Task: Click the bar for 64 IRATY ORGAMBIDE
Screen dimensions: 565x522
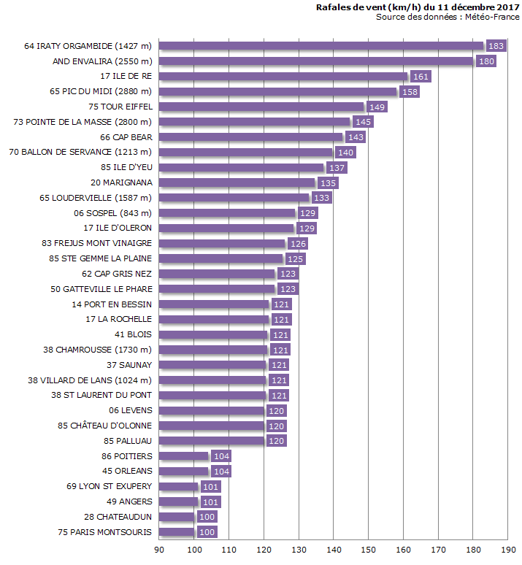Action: click(x=321, y=46)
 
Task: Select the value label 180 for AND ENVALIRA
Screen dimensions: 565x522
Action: click(x=485, y=61)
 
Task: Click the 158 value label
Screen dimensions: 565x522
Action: click(x=410, y=92)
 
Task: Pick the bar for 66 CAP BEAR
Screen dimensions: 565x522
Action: click(x=251, y=137)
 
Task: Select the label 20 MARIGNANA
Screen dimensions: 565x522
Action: click(x=122, y=182)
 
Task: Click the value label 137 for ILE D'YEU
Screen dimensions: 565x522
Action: click(x=337, y=168)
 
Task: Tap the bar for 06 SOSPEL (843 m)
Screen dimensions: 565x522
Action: click(x=227, y=213)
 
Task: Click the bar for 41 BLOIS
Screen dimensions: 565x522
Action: click(x=214, y=335)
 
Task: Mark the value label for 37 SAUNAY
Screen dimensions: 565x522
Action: click(x=279, y=365)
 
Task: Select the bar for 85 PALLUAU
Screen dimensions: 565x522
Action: click(x=212, y=441)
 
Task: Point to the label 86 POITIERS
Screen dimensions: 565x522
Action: click(x=127, y=456)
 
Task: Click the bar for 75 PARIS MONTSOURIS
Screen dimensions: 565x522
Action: click(x=177, y=532)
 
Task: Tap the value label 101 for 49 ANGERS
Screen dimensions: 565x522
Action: click(x=210, y=501)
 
